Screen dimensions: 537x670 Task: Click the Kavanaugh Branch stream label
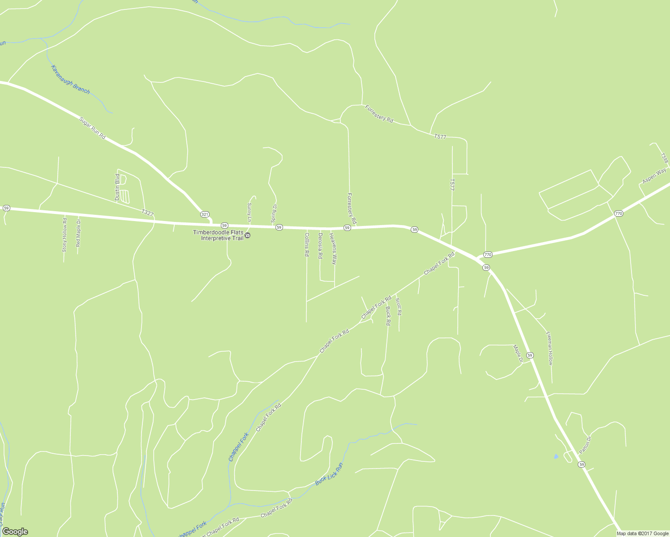coord(70,80)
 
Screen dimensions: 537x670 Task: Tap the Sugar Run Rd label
coord(92,128)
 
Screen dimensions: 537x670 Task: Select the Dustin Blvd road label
coord(117,187)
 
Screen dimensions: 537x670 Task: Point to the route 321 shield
coord(205,214)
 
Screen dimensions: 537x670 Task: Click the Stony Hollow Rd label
coord(64,235)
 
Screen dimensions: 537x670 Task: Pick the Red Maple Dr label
coord(78,233)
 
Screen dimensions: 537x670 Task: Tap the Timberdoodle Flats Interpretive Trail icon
coord(247,235)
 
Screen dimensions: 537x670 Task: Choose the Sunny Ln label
coord(249,212)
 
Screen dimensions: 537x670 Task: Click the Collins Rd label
coord(307,244)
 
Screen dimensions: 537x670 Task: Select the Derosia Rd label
coord(320,246)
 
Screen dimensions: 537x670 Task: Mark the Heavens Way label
coord(333,248)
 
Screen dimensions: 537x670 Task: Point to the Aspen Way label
coord(654,176)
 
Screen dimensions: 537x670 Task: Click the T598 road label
coord(665,159)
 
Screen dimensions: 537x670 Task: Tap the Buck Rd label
coord(388,316)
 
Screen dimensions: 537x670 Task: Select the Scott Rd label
coord(399,307)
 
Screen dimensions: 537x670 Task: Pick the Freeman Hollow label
coord(550,348)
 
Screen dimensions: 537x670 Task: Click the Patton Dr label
coord(585,445)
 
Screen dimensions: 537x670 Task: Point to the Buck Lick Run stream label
coord(329,475)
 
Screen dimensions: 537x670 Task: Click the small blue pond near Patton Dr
coord(556,456)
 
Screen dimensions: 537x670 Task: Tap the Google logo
coord(15,532)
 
